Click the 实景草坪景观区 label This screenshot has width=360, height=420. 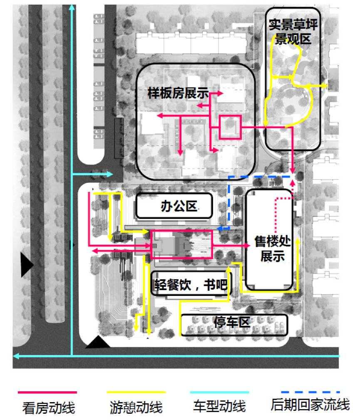click(x=293, y=32)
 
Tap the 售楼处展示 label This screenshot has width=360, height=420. click(x=272, y=249)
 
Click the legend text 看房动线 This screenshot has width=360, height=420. click(x=48, y=407)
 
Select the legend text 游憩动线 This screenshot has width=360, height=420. click(x=136, y=407)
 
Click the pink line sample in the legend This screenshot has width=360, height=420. click(x=47, y=392)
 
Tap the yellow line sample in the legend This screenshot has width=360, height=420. click(x=136, y=392)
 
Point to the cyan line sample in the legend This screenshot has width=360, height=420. click(x=219, y=392)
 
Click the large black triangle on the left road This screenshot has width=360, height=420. click(x=26, y=265)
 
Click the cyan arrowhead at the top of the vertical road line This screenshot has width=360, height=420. click(x=72, y=10)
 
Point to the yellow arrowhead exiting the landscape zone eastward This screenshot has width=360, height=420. click(x=325, y=85)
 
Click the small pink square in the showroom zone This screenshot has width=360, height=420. click(x=230, y=127)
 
